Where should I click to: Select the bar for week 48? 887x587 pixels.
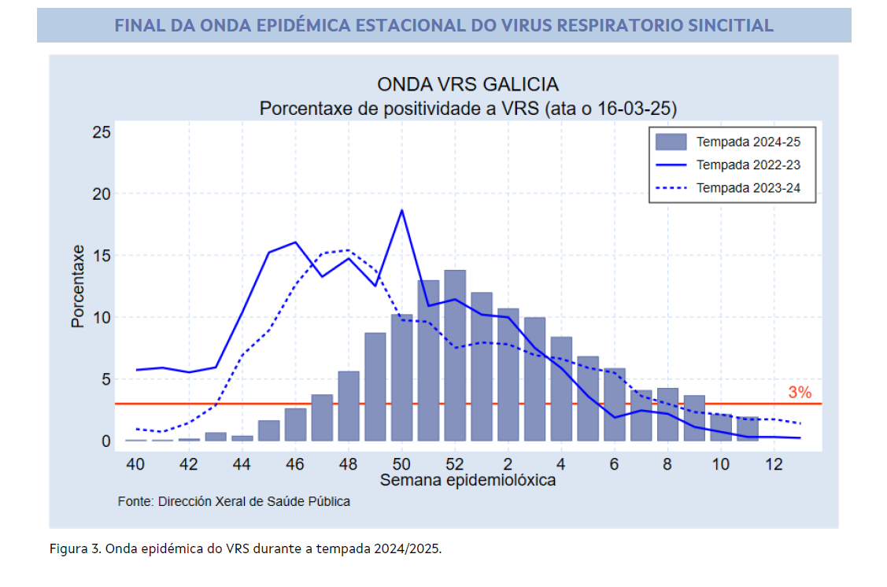[349, 406]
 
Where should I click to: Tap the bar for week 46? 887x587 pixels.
[295, 425]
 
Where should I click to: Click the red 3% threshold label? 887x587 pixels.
[799, 393]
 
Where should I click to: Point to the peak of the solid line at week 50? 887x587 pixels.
[402, 210]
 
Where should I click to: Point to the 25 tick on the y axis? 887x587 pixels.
[101, 131]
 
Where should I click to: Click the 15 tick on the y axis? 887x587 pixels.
[101, 256]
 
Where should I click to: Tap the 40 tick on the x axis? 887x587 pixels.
[135, 463]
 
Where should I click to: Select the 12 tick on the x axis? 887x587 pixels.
[774, 463]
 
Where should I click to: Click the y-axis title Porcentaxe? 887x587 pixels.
[78, 286]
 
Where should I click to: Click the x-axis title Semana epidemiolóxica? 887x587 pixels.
[468, 480]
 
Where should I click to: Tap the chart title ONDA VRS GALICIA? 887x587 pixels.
[468, 85]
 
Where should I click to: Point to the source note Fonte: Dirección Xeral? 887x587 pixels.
[234, 501]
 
